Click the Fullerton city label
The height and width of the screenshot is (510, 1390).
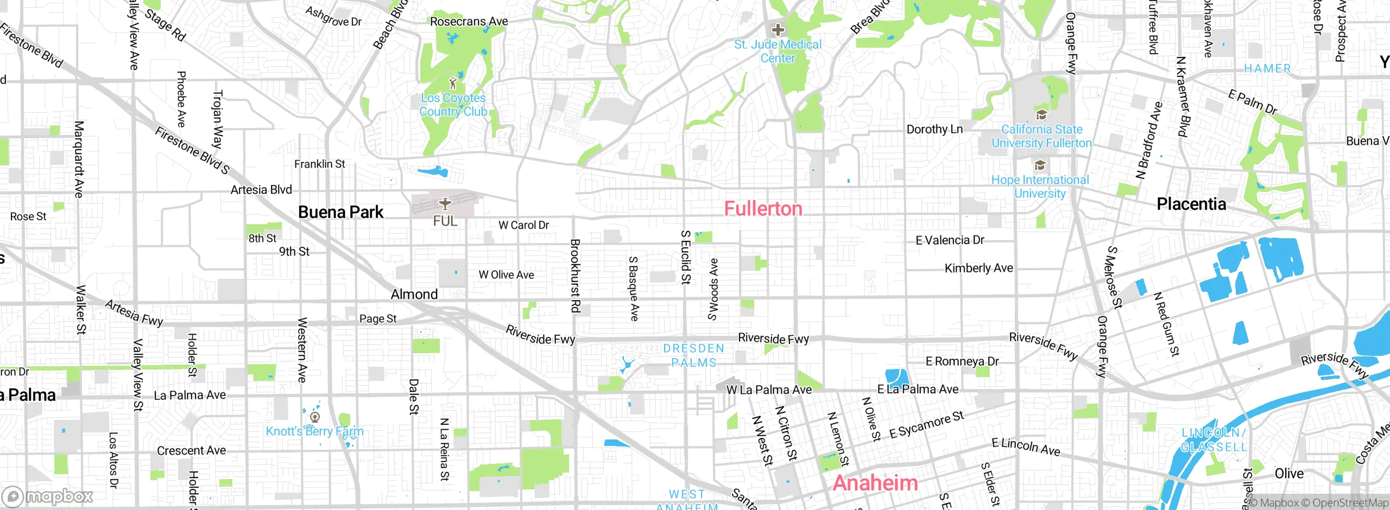point(763,209)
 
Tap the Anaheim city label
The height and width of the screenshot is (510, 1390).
point(875,483)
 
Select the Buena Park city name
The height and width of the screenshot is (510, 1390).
point(340,212)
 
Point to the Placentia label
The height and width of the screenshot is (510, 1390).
point(1191,204)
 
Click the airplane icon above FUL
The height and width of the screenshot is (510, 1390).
point(445,203)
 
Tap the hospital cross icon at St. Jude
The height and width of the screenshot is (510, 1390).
point(778,30)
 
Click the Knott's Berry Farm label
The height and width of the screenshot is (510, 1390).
point(314,431)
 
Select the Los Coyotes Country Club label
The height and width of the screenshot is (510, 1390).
point(453,105)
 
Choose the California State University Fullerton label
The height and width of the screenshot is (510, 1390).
point(1041,136)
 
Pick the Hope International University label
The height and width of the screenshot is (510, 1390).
point(1040,187)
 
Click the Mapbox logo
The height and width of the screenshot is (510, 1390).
point(48,496)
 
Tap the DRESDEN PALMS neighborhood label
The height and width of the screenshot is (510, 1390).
point(694,355)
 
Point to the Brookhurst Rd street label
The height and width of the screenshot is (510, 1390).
point(575,276)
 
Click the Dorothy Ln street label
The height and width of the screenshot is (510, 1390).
point(934,129)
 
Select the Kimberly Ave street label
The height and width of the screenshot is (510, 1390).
point(978,268)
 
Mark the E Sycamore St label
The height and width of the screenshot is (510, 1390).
point(926,425)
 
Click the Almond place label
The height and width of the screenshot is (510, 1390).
point(414,294)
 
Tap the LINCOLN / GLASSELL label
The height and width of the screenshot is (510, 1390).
point(1214,440)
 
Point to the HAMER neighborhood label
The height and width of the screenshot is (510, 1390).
point(1267,69)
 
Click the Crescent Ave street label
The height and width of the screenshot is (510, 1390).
point(191,450)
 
